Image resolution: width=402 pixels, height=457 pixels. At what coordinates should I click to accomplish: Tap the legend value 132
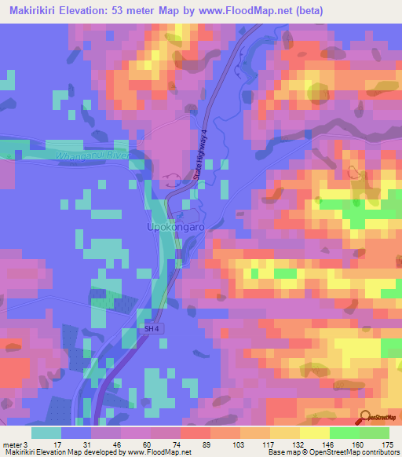pyautogui.click(x=300, y=444)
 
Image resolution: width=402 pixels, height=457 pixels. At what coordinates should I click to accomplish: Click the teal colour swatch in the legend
pyautogui.click(x=46, y=433)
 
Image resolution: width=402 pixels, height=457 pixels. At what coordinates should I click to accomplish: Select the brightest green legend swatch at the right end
pyautogui.click(x=374, y=433)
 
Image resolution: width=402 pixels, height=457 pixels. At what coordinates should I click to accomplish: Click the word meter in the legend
pyautogui.click(x=13, y=444)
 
